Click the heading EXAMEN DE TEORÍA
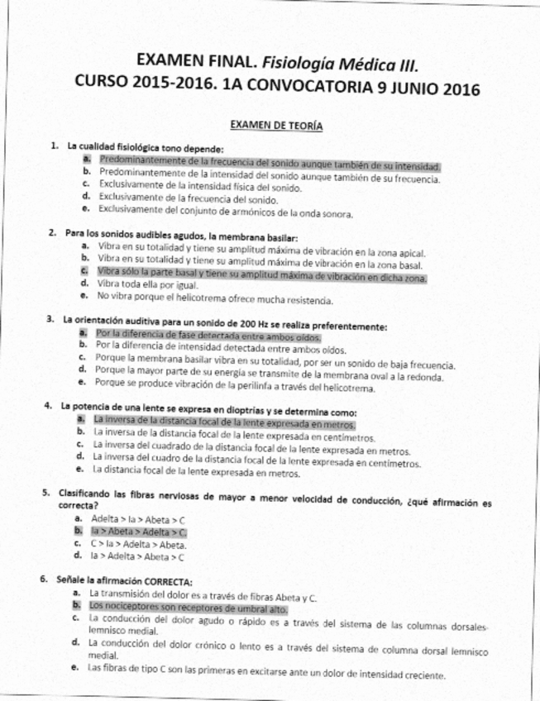[276, 126]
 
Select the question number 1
[54, 145]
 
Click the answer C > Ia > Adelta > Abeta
[138, 545]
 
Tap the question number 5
[46, 494]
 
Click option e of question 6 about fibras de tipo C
[266, 675]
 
